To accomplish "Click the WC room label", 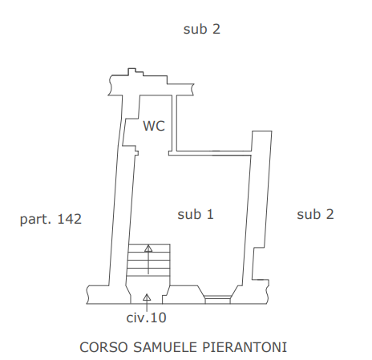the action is pos(154,126).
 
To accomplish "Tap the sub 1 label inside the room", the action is pos(196,214).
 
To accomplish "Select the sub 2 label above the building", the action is pos(202,29).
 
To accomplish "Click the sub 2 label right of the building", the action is pos(315,214).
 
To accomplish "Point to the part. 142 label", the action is pos(51,219).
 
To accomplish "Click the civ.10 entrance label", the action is pos(146,318).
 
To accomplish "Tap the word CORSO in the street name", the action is pos(103,347).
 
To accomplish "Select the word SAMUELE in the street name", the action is pos(166,347).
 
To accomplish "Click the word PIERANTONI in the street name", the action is pos(245,347).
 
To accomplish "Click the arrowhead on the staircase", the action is pos(148,249).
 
